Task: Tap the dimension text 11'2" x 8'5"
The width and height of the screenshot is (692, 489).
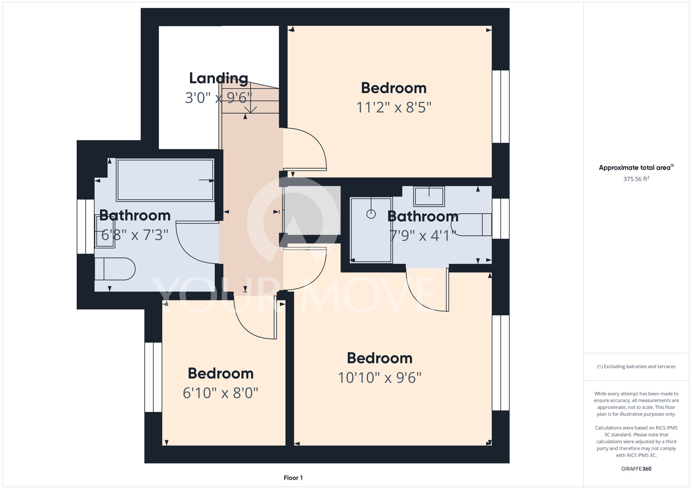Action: coord(394,107)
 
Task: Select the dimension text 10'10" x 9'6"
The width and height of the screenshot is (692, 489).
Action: coord(380,378)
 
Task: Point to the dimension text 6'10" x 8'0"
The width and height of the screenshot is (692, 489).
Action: coord(221,393)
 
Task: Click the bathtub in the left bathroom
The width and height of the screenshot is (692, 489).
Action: coord(165,180)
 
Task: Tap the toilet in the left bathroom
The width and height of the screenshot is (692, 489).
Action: coord(115,269)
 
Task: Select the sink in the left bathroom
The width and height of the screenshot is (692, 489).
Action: coord(104,231)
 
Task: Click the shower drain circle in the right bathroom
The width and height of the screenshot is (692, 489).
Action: coord(371,214)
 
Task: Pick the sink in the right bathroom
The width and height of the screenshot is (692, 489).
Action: coord(429,196)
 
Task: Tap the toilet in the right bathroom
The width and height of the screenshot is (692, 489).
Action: coord(471,225)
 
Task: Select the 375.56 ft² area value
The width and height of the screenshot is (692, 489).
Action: coord(636,179)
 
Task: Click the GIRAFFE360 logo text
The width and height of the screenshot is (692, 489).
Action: coord(636,469)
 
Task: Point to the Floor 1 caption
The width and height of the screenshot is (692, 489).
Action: coord(293,478)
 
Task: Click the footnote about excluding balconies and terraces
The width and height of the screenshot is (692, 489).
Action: coord(636,367)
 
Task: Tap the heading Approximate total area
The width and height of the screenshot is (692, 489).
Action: coord(636,167)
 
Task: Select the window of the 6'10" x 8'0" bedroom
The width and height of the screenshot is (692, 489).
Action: coord(153,377)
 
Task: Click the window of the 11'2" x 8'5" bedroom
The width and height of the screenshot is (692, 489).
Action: coord(501,107)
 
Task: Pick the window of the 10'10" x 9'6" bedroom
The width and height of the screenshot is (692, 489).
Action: coord(501,363)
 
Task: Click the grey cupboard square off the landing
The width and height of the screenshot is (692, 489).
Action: coord(312,211)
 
